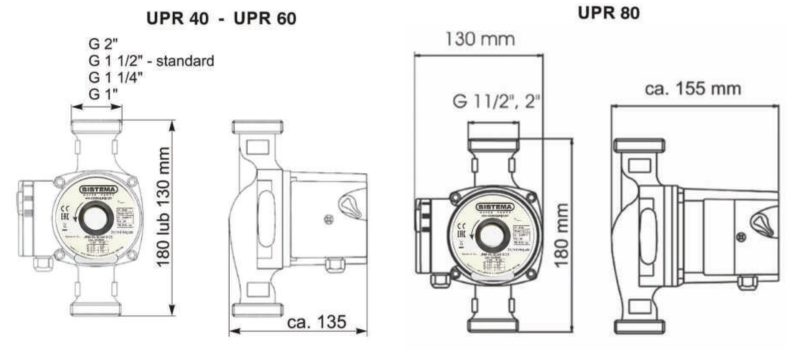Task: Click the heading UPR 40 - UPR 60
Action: click(221, 18)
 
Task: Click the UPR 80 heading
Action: click(608, 13)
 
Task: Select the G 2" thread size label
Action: click(103, 43)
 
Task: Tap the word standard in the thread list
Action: click(185, 61)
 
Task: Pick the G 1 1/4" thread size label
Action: click(116, 77)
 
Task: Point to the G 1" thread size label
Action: click(103, 94)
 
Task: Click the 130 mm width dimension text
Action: click(480, 39)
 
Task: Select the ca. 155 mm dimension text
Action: click(693, 89)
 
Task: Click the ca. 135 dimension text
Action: click(316, 322)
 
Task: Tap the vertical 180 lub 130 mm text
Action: click(164, 207)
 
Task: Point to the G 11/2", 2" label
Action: click(496, 101)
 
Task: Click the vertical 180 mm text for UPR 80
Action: click(562, 235)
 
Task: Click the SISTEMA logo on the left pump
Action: click(99, 189)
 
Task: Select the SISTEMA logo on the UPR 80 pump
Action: click(495, 207)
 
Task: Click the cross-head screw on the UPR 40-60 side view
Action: click(329, 220)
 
